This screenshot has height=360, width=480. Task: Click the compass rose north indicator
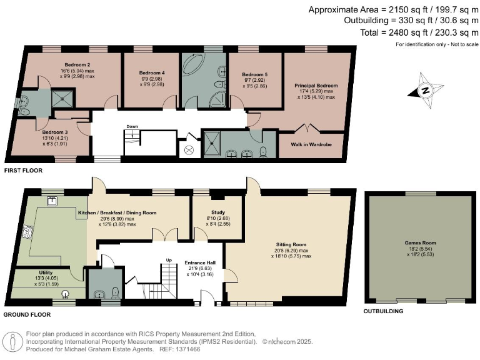[x=426, y=89]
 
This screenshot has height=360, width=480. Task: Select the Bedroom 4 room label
[x=152, y=72]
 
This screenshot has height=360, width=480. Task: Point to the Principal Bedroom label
[x=316, y=85]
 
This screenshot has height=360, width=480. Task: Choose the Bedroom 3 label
[x=55, y=132]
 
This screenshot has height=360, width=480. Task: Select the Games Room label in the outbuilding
[x=419, y=242]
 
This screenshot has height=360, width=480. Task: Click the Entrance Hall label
[x=199, y=262]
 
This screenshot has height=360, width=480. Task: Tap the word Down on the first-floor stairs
[x=132, y=126]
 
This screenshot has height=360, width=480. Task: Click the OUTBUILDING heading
[x=384, y=311]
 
